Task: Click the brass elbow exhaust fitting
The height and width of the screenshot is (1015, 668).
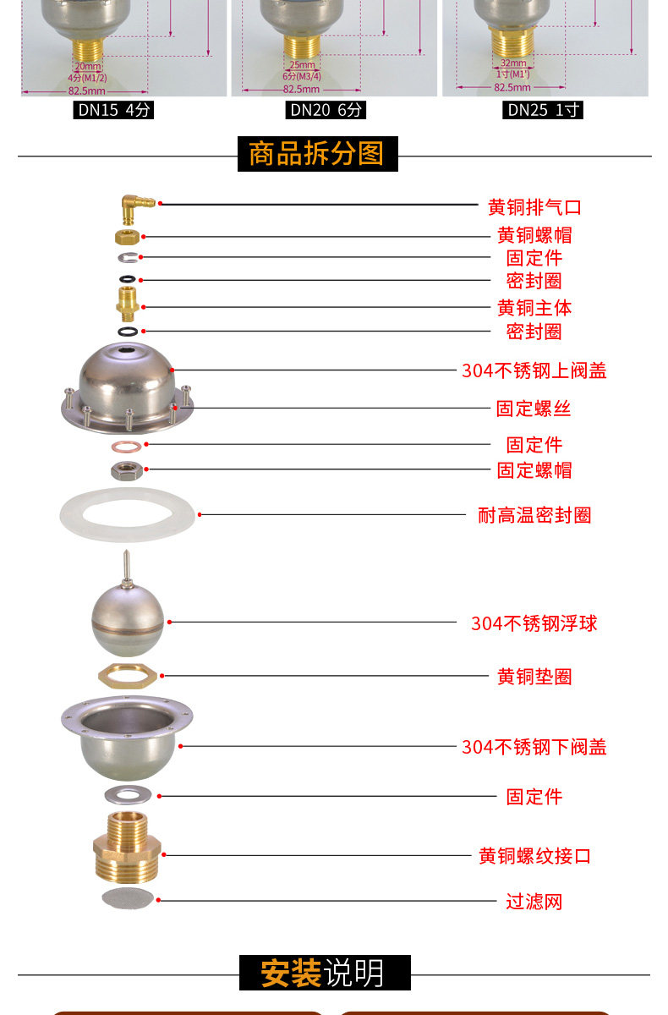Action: click(134, 204)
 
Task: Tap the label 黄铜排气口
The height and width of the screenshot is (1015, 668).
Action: click(534, 207)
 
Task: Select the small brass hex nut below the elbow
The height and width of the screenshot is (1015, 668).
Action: click(127, 237)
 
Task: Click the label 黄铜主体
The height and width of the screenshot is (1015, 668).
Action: click(534, 308)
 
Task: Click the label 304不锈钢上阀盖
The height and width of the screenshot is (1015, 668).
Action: click(534, 370)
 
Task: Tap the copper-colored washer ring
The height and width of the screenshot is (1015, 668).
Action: click(127, 445)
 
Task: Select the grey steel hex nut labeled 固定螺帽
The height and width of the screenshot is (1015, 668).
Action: click(127, 469)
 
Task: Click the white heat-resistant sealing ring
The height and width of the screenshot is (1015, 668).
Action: click(127, 513)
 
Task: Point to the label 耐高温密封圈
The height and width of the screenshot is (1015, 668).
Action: click(534, 515)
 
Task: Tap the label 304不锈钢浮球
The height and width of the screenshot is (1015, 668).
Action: click(534, 623)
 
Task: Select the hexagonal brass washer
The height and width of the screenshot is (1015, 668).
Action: click(128, 675)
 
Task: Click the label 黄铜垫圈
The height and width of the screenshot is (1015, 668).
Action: click(534, 677)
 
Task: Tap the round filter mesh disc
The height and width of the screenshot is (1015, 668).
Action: click(127, 898)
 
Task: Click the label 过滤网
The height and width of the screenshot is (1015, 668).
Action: click(534, 902)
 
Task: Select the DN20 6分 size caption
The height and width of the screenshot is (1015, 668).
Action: click(326, 110)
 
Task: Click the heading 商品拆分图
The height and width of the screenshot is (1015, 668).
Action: click(316, 154)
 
